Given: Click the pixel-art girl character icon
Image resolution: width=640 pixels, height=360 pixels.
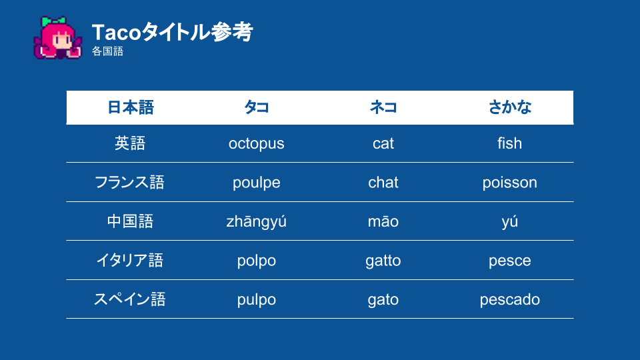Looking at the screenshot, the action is pyautogui.click(x=57, y=38).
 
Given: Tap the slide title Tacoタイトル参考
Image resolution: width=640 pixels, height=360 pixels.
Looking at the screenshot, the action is pyautogui.click(x=172, y=32).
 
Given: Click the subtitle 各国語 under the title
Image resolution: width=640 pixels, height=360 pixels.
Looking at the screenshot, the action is pyautogui.click(x=107, y=51).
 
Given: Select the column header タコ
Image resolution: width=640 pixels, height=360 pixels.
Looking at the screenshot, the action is pyautogui.click(x=256, y=107).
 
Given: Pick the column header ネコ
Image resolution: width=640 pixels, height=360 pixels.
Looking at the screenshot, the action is pyautogui.click(x=383, y=107).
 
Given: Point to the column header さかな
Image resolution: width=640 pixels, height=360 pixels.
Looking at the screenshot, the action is pyautogui.click(x=510, y=107).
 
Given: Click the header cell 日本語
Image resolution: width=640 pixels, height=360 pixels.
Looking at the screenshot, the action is pyautogui.click(x=130, y=107).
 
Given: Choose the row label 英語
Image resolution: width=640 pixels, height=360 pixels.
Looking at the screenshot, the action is pyautogui.click(x=130, y=143).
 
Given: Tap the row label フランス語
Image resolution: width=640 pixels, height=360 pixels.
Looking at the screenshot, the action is pyautogui.click(x=129, y=182).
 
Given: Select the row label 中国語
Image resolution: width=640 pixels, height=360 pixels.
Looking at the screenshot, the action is pyautogui.click(x=130, y=221).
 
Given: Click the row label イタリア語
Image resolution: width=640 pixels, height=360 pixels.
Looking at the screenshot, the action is pyautogui.click(x=130, y=260).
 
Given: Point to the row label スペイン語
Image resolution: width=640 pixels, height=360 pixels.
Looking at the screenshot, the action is pyautogui.click(x=130, y=299).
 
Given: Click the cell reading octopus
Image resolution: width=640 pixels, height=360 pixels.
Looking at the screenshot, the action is pyautogui.click(x=256, y=144).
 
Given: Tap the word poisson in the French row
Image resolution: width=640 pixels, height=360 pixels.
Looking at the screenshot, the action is pyautogui.click(x=510, y=183).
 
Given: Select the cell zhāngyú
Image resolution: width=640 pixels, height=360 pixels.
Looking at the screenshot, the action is pyautogui.click(x=256, y=221).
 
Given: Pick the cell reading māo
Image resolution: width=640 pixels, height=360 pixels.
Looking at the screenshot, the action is pyautogui.click(x=383, y=221).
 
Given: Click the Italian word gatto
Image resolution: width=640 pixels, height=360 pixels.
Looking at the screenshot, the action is pyautogui.click(x=383, y=261).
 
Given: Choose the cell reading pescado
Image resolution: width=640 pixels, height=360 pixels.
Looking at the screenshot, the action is pyautogui.click(x=510, y=299).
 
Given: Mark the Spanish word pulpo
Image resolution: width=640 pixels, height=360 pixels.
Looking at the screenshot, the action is pyautogui.click(x=256, y=299).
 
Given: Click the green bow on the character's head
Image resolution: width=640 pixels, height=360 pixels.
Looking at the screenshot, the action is pyautogui.click(x=53, y=21).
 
